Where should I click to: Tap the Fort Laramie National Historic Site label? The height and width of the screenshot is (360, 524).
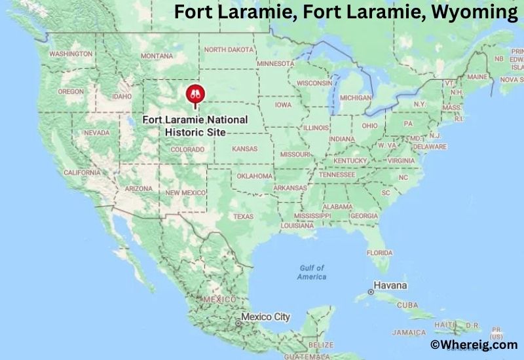click(x=196, y=126)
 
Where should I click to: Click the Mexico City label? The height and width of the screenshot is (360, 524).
click(x=265, y=317)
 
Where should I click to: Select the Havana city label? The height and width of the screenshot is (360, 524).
click(x=390, y=286)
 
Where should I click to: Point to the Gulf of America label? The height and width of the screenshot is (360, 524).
click(x=312, y=272)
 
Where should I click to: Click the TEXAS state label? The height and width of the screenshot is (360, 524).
click(x=243, y=217)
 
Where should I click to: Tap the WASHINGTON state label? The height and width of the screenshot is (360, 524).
click(x=71, y=54)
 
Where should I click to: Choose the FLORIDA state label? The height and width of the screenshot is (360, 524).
click(x=379, y=253)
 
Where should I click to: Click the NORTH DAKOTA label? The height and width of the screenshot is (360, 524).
click(x=229, y=50)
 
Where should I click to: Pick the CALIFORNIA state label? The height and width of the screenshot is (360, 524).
click(x=82, y=173)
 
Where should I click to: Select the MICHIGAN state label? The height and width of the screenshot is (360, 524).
click(x=356, y=98)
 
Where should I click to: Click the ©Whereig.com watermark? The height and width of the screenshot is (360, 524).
click(x=473, y=344)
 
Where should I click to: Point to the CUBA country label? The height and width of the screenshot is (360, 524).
click(x=408, y=305)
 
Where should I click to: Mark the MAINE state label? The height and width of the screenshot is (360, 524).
click(x=477, y=77)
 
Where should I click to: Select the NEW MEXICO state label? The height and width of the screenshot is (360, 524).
click(x=186, y=192)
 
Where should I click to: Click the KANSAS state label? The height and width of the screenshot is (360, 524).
click(x=244, y=149)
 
